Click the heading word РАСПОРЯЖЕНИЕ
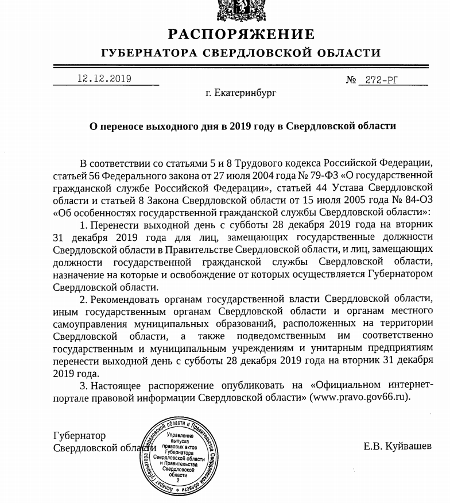coord(241,34)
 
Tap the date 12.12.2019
coord(104,79)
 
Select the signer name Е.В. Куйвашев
coord(397,446)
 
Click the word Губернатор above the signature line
coord(79,436)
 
